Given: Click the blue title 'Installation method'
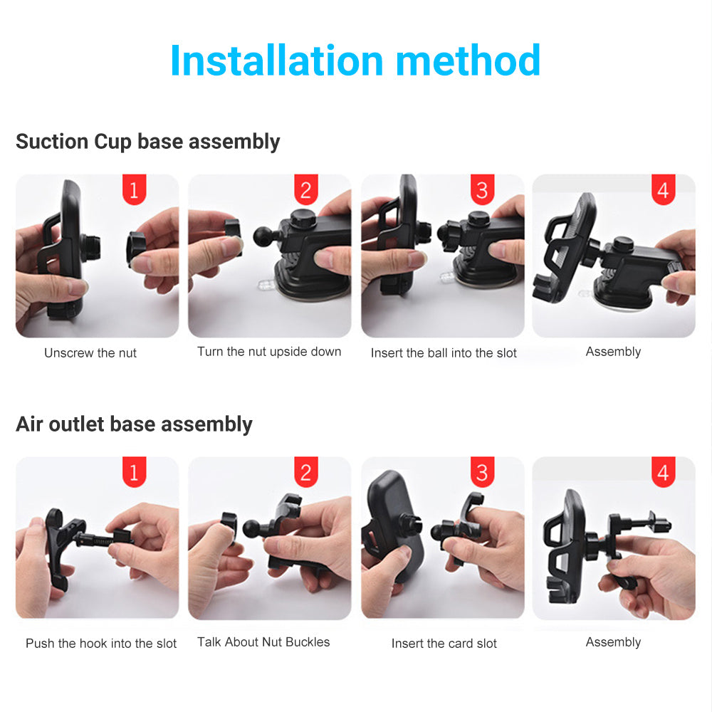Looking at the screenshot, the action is (355, 61).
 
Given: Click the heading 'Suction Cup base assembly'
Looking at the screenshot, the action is (147, 142).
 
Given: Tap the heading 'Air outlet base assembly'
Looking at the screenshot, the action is (134, 424).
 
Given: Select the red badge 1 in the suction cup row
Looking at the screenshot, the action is (134, 189).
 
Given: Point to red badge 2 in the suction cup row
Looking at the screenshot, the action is (306, 189).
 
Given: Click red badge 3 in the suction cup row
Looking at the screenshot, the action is (482, 189).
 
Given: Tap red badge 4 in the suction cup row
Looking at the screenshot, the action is (663, 189).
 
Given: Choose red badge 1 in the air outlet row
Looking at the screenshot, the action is (134, 472).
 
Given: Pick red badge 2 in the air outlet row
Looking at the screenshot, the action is (306, 472).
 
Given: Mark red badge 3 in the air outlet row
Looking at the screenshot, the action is (482, 472).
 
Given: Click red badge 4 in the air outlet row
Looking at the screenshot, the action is (663, 472).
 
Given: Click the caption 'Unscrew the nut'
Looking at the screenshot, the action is (90, 353).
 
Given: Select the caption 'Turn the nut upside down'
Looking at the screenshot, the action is (269, 352).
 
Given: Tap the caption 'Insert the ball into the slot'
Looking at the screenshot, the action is (444, 353).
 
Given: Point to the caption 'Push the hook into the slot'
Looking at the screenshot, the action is (101, 644).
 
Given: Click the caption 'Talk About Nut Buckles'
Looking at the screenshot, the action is (263, 642).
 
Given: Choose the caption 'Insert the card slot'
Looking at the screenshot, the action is (444, 644).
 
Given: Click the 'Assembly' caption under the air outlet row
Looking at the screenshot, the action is (613, 642).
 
